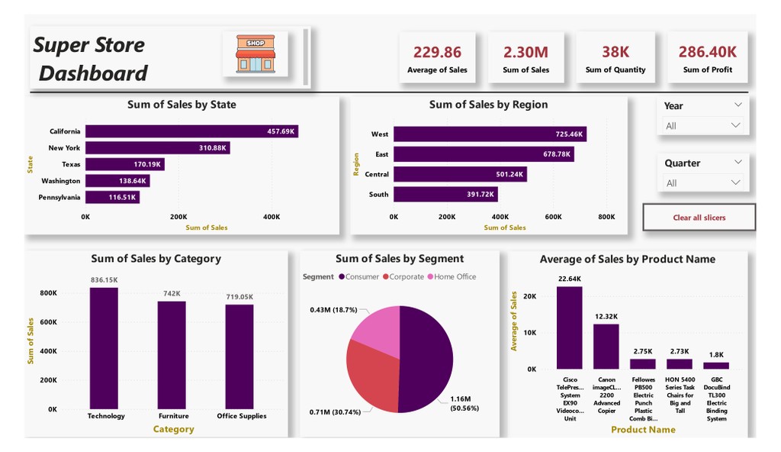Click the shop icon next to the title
(256, 53)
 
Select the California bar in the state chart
(191, 131)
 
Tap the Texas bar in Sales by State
(124, 164)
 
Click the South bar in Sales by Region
(445, 195)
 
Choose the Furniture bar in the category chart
(172, 354)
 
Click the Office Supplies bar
(239, 357)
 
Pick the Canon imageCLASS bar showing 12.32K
(606, 347)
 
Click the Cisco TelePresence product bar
(569, 328)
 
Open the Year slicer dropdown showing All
(702, 125)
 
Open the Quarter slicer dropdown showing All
(702, 182)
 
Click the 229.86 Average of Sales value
(437, 52)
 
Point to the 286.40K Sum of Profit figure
(707, 52)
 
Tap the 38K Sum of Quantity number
(615, 52)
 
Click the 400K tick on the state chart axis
(272, 217)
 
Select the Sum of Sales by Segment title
(399, 259)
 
